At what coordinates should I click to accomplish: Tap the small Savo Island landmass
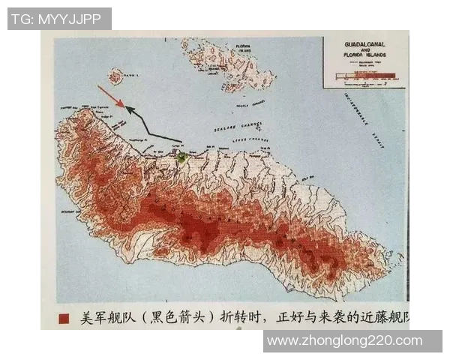tap(115, 76)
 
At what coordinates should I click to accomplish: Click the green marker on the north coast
tap(181, 156)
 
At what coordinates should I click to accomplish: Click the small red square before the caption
tap(64, 319)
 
